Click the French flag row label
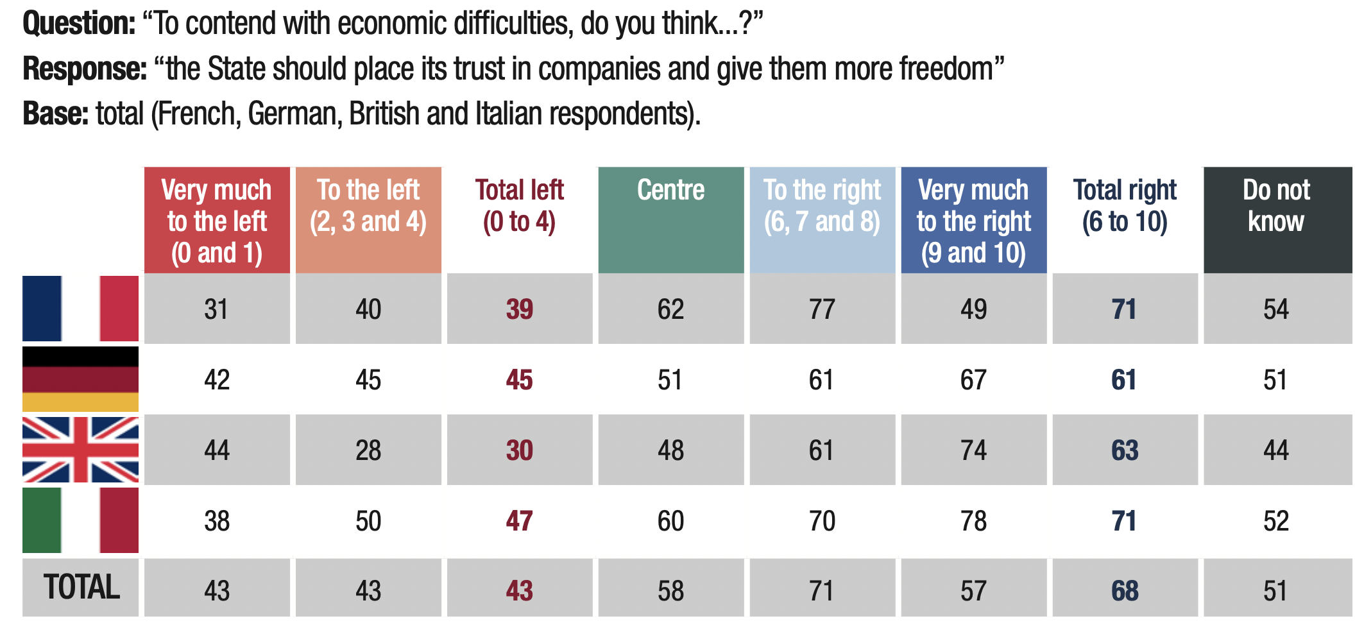pyautogui.click(x=80, y=309)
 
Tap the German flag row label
pyautogui.click(x=80, y=379)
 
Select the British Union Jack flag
pyautogui.click(x=80, y=450)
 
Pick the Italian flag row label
pyautogui.click(x=80, y=520)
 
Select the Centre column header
pyautogui.click(x=670, y=191)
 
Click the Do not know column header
pyautogui.click(x=1276, y=205)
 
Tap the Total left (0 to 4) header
pyautogui.click(x=519, y=205)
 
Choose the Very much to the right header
pyautogui.click(x=973, y=221)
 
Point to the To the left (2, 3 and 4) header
pyautogui.click(x=368, y=205)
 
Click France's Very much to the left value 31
pyautogui.click(x=216, y=309)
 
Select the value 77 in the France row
pyautogui.click(x=822, y=309)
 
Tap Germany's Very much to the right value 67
pyautogui.click(x=973, y=380)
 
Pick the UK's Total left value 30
pyautogui.click(x=519, y=450)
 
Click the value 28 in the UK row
pyautogui.click(x=368, y=450)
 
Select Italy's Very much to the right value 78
pyautogui.click(x=973, y=521)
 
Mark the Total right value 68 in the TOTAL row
pyautogui.click(x=1125, y=591)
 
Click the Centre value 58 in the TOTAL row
pyautogui.click(x=670, y=591)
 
